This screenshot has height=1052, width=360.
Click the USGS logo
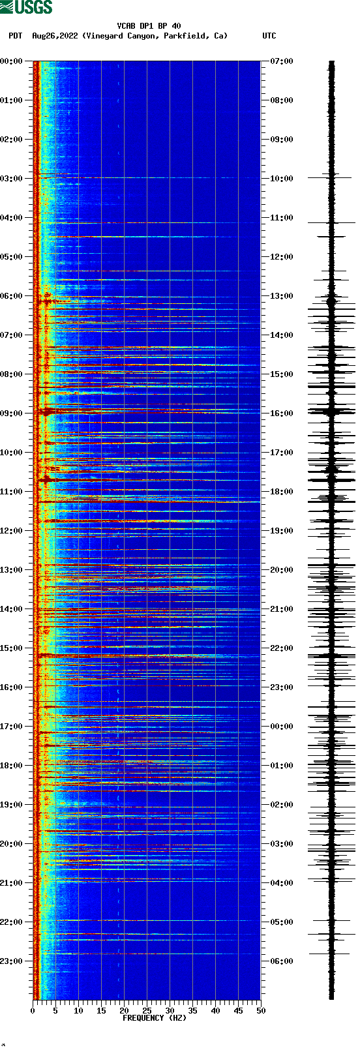click(26, 7)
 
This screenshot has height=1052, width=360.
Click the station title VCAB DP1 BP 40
click(149, 26)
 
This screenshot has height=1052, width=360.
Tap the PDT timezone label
click(15, 36)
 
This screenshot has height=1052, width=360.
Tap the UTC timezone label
click(269, 36)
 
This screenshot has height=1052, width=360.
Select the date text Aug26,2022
click(55, 36)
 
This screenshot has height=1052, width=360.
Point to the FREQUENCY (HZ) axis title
click(154, 1018)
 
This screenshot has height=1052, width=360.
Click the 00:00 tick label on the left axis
click(12, 61)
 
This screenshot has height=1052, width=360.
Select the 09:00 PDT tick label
click(12, 413)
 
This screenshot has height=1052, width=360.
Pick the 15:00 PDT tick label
click(12, 648)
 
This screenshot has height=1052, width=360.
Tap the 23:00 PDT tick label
click(12, 961)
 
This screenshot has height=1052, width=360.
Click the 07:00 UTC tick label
click(281, 61)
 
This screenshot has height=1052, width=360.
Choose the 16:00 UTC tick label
click(281, 413)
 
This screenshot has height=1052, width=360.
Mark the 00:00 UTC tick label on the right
click(281, 727)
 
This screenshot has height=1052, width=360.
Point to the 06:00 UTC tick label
click(281, 961)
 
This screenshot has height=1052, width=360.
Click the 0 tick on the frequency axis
click(33, 1011)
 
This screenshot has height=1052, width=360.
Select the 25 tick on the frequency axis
click(147, 1011)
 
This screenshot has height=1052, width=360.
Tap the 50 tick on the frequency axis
click(261, 1011)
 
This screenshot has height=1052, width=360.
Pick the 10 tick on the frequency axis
click(78, 1011)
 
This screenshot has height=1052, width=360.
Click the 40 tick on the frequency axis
click(215, 1011)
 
